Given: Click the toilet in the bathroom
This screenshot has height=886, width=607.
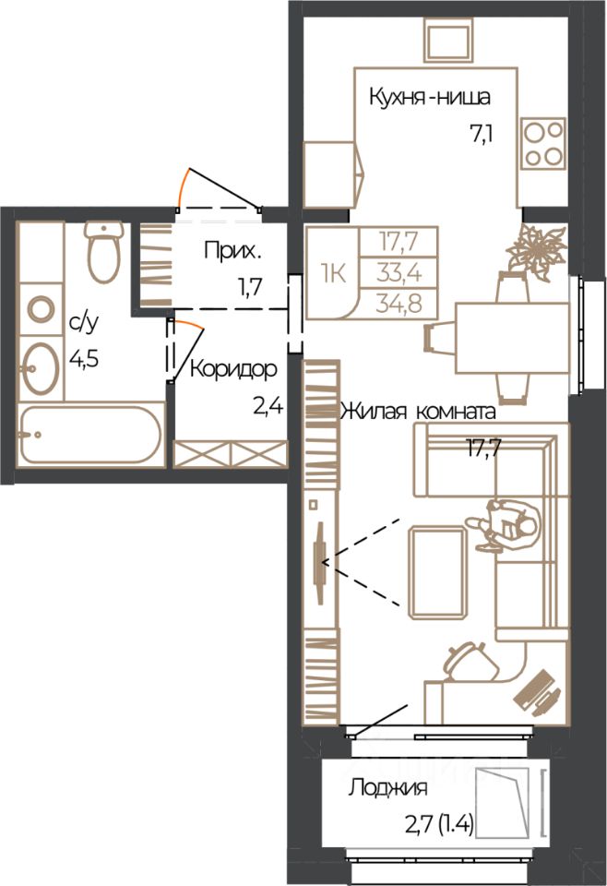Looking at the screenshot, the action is coord(104,252).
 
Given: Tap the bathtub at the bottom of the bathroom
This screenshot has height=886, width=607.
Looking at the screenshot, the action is coord(91,435).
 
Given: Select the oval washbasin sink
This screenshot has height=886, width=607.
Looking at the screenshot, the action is coord(40,368).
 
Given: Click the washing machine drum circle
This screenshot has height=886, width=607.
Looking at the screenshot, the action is coord(41,310).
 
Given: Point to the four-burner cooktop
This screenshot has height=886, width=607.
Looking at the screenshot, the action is coord(543,143).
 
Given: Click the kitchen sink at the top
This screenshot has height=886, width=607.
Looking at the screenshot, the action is coord(447,40).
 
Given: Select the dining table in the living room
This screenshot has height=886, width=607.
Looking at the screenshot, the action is coord(512,338).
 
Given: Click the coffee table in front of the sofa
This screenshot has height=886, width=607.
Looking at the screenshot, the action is coord(437,572).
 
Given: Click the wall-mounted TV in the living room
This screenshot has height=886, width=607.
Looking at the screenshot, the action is coord(320,563).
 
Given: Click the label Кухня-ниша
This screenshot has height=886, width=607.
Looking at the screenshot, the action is coord(430,97).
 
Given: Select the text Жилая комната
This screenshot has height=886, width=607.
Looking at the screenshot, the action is coord(418,411).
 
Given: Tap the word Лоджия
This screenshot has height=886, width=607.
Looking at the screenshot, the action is coord(387,787).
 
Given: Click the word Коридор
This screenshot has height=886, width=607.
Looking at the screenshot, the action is coord(233,369).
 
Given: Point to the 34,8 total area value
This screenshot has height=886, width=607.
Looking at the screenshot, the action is coord(399,304).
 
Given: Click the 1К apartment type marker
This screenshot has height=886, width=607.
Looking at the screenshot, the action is coord(333,274).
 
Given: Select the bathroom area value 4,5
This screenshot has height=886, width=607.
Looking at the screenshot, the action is coord(85,358).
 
